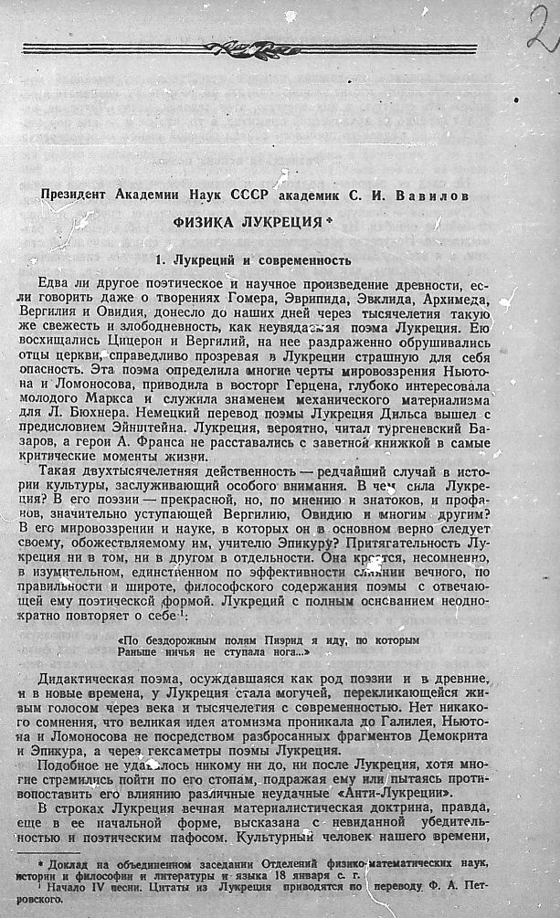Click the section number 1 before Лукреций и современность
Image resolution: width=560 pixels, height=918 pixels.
tap(159, 259)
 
